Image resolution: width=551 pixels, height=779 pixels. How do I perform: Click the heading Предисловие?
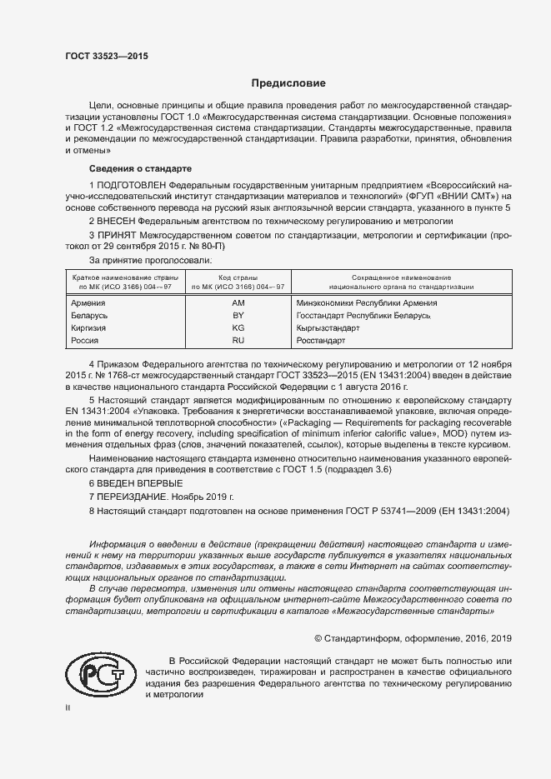(x=289, y=83)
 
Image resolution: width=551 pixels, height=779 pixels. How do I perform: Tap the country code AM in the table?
(x=238, y=303)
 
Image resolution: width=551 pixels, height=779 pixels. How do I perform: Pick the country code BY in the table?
(x=238, y=316)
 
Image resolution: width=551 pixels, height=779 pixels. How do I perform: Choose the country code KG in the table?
(x=238, y=328)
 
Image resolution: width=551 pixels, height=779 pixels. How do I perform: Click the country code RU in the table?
(x=238, y=341)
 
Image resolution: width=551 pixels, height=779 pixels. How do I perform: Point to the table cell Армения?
(x=88, y=303)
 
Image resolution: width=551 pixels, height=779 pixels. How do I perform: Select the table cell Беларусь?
(x=89, y=316)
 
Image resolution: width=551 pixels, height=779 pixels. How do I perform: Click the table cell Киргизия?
(x=90, y=328)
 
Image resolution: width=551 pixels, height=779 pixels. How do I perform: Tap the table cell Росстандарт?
(x=321, y=341)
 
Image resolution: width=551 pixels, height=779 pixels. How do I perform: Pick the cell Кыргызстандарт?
(x=328, y=328)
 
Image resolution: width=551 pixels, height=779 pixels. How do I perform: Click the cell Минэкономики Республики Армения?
(x=366, y=303)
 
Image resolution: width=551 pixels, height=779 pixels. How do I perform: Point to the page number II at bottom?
(x=68, y=707)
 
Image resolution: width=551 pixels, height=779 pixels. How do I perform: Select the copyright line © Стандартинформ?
(x=412, y=638)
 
